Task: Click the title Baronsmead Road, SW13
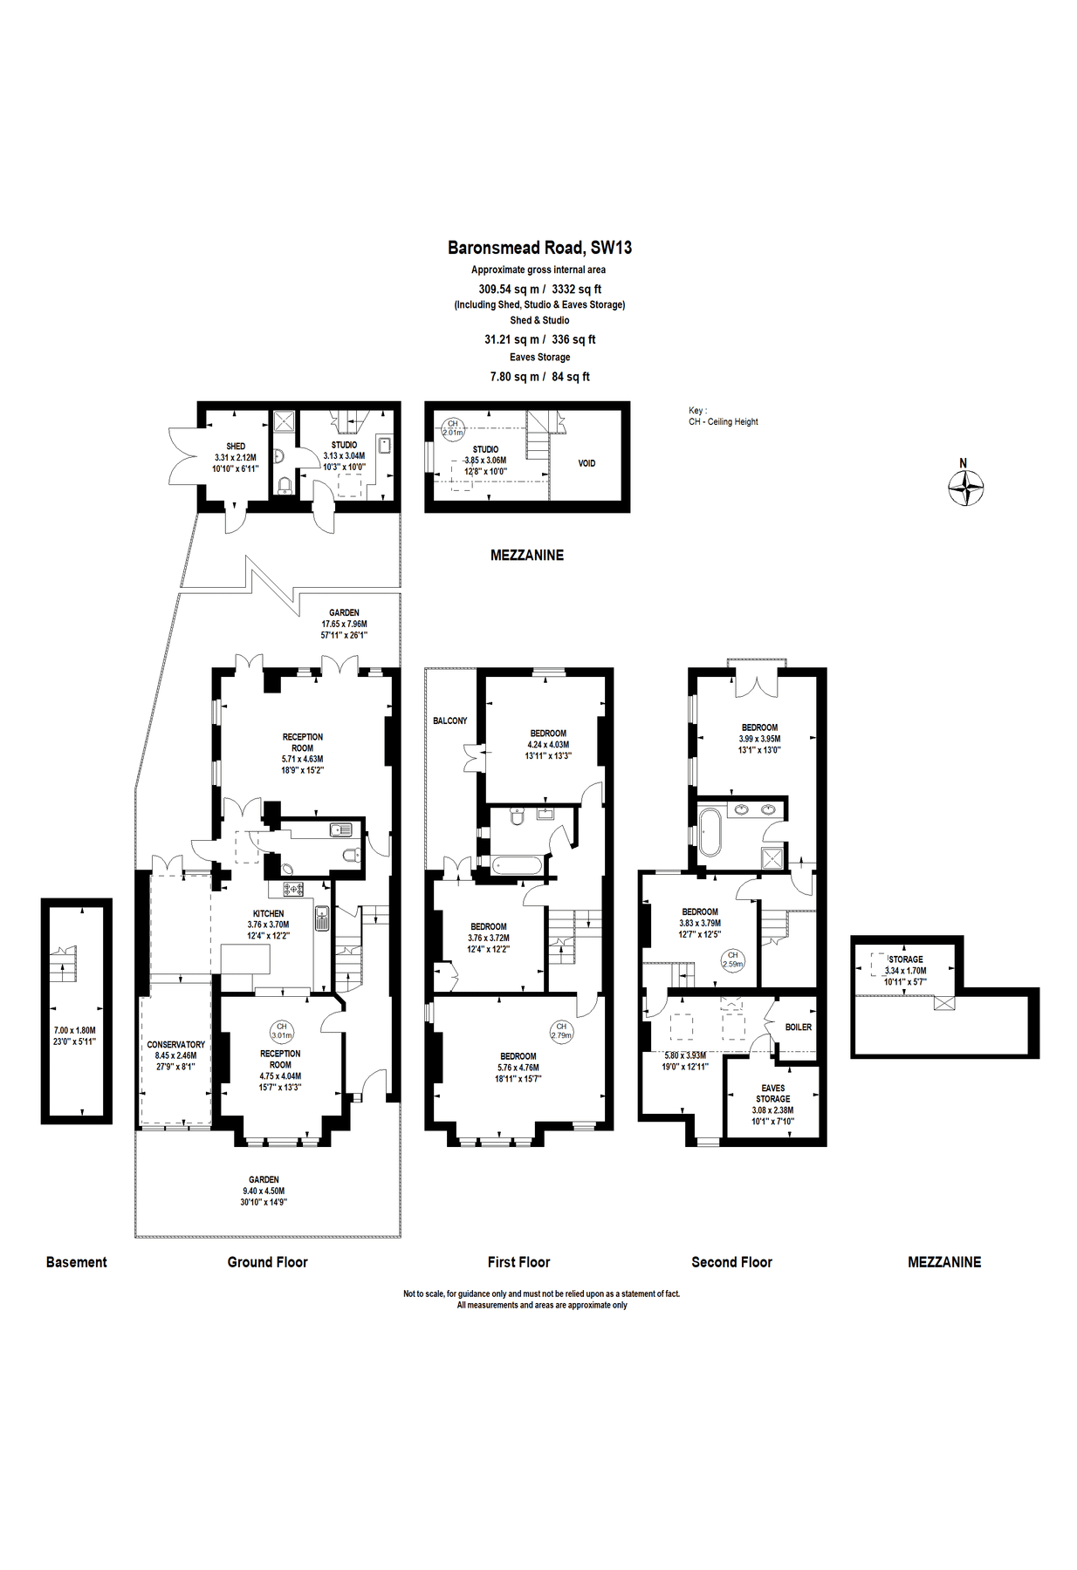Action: tap(539, 248)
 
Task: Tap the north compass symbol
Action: tap(966, 487)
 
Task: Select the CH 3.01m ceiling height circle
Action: tap(282, 1031)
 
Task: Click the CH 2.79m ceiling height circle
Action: tap(561, 1031)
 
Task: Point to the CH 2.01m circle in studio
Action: tap(452, 427)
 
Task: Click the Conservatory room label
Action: tap(175, 1044)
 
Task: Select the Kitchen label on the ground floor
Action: tap(268, 913)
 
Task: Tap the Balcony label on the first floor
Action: tap(450, 720)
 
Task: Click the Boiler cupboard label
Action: tap(798, 1027)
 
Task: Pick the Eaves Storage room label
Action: tap(772, 1093)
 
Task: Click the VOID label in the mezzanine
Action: tap(587, 463)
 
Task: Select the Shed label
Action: tap(236, 446)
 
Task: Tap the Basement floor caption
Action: tap(77, 1261)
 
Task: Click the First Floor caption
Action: tap(518, 1261)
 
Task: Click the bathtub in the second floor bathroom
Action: tap(710, 832)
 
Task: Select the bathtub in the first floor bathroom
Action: tap(517, 865)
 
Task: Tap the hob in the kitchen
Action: tap(292, 889)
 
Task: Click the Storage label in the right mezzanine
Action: tap(906, 959)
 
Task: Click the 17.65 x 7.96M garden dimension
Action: tap(344, 624)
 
